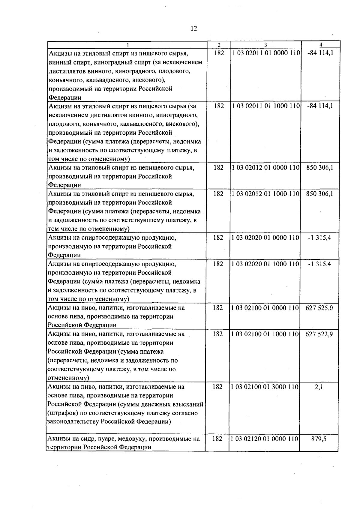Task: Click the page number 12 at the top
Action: click(194, 28)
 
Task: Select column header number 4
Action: click(321, 45)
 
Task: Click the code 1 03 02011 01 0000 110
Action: click(266, 53)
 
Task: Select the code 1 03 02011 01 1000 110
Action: click(266, 106)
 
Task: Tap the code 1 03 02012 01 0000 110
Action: click(266, 168)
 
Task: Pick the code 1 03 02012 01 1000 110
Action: click(266, 194)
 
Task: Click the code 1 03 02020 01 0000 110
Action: click(265, 238)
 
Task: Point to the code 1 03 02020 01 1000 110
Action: click(265, 264)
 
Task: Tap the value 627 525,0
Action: click(319, 308)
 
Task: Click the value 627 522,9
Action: click(319, 334)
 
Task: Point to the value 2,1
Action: click(319, 387)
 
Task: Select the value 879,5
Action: click(319, 439)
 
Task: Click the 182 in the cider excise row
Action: click(217, 439)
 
